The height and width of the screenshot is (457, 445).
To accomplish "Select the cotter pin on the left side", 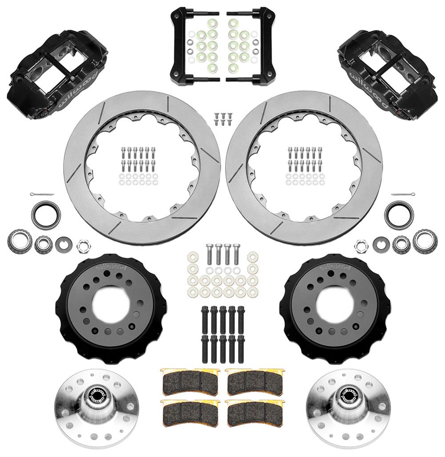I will pos(40,195).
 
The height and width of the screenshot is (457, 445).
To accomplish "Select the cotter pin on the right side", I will pos(404,195).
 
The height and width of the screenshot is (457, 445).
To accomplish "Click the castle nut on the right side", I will pos(360,245).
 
